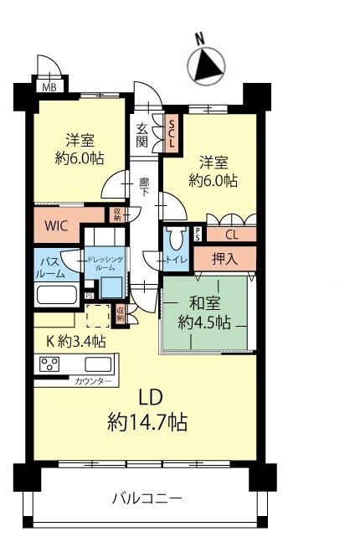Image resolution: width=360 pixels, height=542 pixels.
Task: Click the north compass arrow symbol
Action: [x=207, y=65]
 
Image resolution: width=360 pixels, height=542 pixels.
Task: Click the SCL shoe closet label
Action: [x=172, y=133]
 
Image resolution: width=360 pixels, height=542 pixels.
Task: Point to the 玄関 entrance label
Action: [x=143, y=133]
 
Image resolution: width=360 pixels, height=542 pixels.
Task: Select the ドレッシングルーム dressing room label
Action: [x=105, y=264]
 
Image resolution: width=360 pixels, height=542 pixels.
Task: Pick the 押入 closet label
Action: [x=224, y=259]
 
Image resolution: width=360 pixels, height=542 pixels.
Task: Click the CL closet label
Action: [x=231, y=235]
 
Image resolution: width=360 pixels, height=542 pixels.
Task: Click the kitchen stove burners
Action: [x=49, y=365]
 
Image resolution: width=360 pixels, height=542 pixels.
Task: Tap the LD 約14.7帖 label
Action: [x=147, y=410]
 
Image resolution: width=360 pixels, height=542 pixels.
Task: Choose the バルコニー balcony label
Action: [x=147, y=500]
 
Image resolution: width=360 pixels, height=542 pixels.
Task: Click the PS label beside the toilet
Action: [x=198, y=235]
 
